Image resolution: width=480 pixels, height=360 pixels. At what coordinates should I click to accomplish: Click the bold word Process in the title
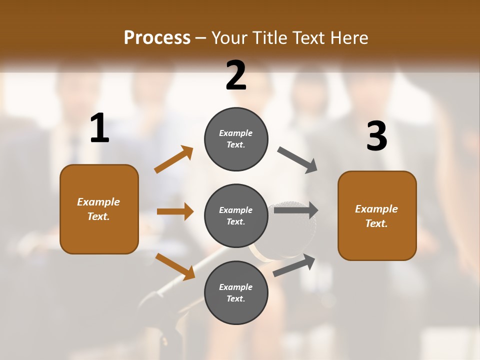coord(157,37)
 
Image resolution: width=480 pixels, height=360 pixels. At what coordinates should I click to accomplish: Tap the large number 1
coord(99,128)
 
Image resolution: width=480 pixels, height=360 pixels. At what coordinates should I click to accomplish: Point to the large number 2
coord(236,75)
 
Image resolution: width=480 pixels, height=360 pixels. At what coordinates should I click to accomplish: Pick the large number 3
coord(376,136)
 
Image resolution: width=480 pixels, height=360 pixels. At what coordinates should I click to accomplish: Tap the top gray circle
coord(236,139)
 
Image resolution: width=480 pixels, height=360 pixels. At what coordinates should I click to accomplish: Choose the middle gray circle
coord(236,215)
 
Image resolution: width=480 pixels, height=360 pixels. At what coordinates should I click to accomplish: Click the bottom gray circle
coord(236,292)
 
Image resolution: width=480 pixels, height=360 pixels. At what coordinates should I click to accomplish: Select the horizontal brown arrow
coord(175,211)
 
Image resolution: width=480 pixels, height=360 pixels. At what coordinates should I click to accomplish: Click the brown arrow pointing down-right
coord(175,266)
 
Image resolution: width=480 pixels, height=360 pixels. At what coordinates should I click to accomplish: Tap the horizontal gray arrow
coord(295,210)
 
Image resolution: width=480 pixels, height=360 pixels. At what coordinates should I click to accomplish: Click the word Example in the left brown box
coord(98,202)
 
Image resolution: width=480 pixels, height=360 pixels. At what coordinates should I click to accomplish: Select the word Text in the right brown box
coord(375,223)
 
